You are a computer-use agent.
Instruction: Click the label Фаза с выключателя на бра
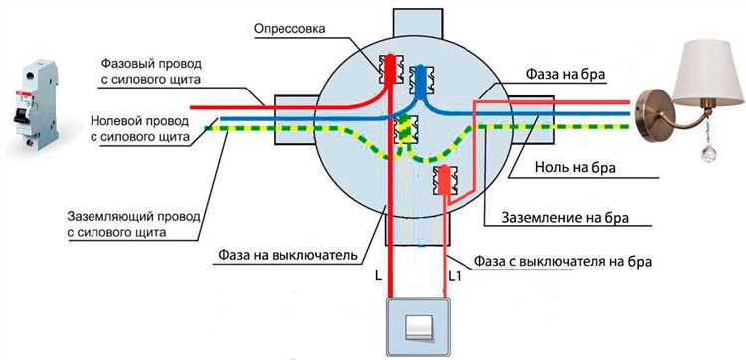tap(563, 262)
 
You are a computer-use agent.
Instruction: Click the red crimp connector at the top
tap(388, 69)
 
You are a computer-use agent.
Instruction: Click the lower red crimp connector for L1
tap(444, 181)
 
